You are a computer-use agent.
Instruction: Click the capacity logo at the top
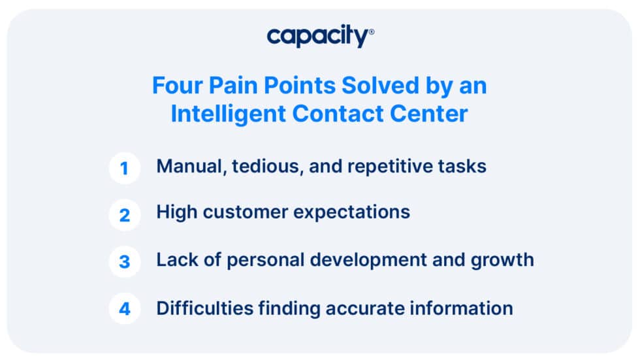coord(320,37)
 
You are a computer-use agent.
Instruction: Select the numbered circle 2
coord(124,215)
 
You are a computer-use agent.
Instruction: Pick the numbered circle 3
coord(124,261)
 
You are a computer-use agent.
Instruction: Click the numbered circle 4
coord(124,308)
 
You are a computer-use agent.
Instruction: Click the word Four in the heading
coord(174,86)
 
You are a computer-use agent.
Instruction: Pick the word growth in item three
coord(502,260)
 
